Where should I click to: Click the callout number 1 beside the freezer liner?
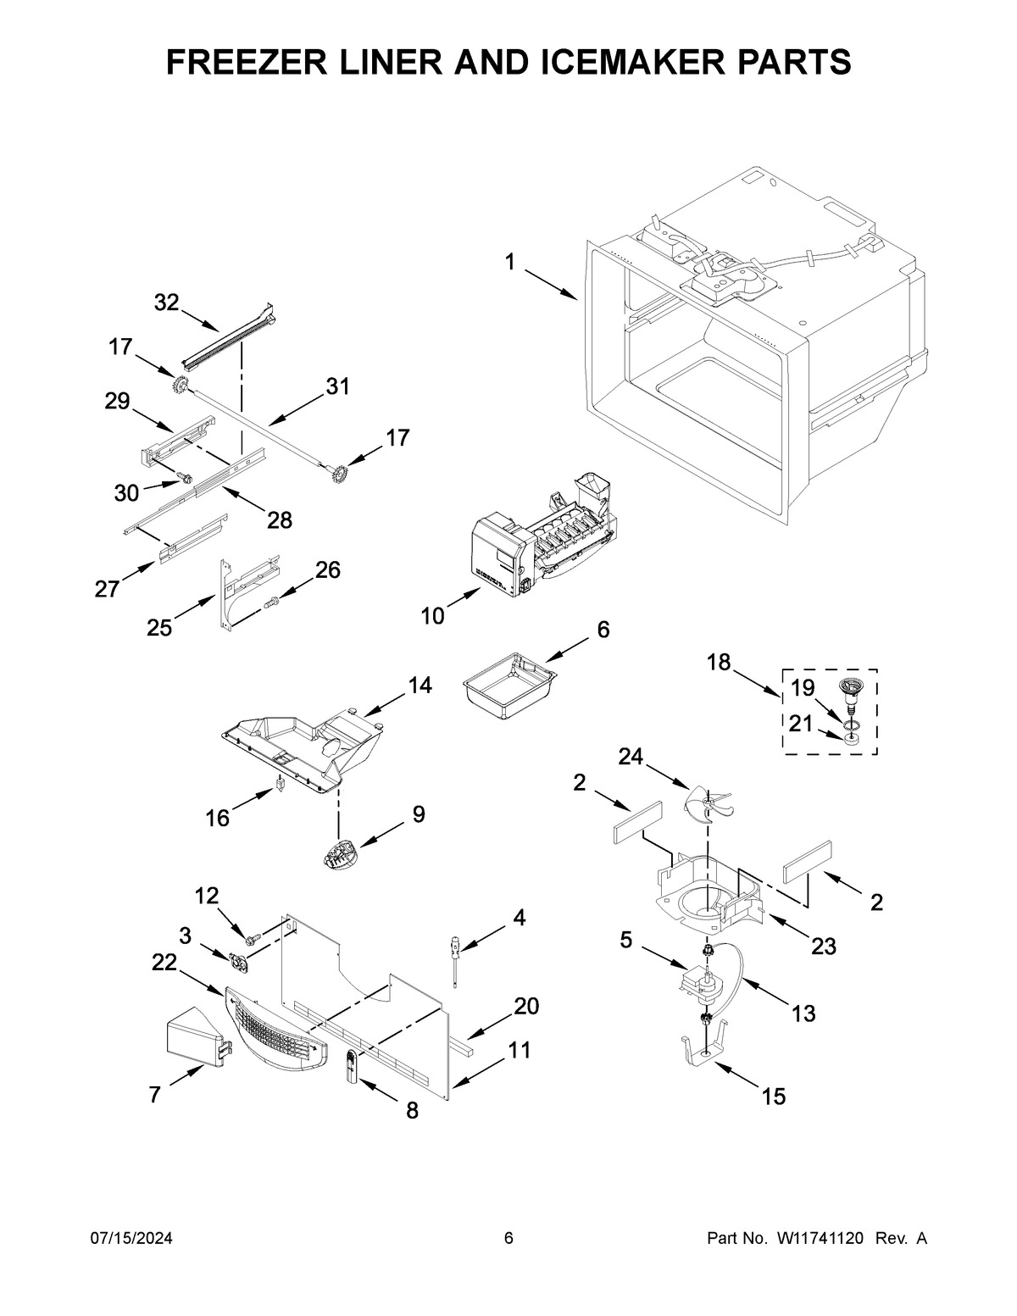[x=509, y=263]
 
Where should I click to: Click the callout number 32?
[x=167, y=303]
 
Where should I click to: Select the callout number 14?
[x=419, y=686]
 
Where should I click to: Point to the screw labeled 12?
[x=252, y=939]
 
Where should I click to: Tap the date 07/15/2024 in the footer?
[x=131, y=1239]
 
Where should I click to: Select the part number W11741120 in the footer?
[x=818, y=1239]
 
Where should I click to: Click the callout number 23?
[x=823, y=946]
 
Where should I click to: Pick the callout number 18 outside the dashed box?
[x=719, y=663]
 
